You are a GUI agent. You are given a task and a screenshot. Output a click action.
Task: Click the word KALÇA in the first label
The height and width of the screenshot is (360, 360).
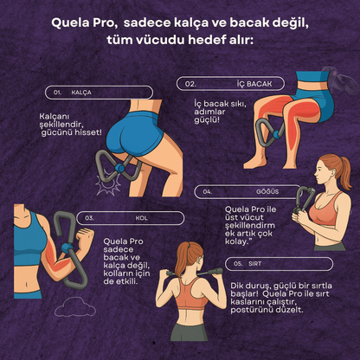tap(82, 91)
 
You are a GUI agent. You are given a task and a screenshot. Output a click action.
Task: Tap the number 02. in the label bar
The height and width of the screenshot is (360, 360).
tap(190, 84)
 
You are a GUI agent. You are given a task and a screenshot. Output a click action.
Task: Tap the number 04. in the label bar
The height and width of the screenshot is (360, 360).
tap(209, 190)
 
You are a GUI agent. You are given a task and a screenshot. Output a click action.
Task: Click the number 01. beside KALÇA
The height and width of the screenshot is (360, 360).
tap(58, 91)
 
